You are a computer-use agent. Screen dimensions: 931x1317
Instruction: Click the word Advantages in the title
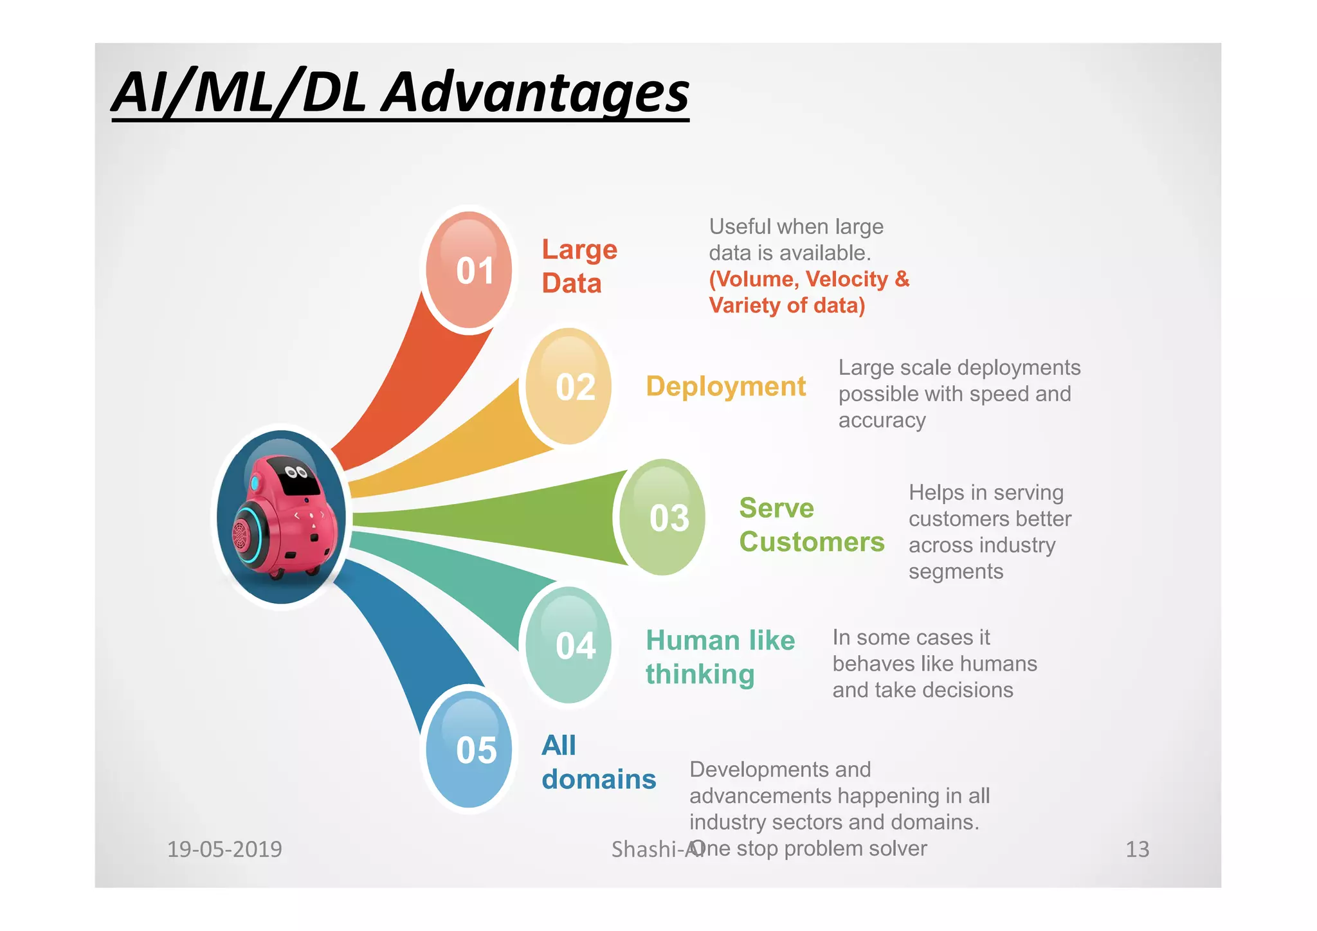[x=535, y=92]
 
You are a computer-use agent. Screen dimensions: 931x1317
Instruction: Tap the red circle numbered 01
[x=470, y=270]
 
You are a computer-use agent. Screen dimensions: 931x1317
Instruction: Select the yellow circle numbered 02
[x=568, y=387]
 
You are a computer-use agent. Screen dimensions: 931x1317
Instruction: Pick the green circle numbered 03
[x=662, y=518]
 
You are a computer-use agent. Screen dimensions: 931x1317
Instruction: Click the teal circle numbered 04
[x=568, y=646]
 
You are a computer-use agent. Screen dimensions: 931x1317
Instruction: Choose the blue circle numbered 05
[x=470, y=750]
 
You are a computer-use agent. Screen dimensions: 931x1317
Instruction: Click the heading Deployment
[x=725, y=386]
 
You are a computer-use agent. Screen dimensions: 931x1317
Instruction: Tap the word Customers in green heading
[x=812, y=542]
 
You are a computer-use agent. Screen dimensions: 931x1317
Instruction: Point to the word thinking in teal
[x=700, y=674]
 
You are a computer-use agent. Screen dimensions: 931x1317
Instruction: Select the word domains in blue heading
[x=599, y=779]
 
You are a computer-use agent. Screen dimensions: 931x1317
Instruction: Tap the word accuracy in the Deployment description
[x=882, y=420]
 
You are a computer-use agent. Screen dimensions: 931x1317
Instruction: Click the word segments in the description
[x=956, y=572]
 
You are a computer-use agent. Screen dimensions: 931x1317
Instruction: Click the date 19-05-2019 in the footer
[x=224, y=849]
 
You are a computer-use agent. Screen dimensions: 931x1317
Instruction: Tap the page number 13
[x=1137, y=849]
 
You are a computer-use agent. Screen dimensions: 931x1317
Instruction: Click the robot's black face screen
[x=301, y=480]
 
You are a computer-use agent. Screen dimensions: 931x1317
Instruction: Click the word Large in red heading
[x=579, y=249]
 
